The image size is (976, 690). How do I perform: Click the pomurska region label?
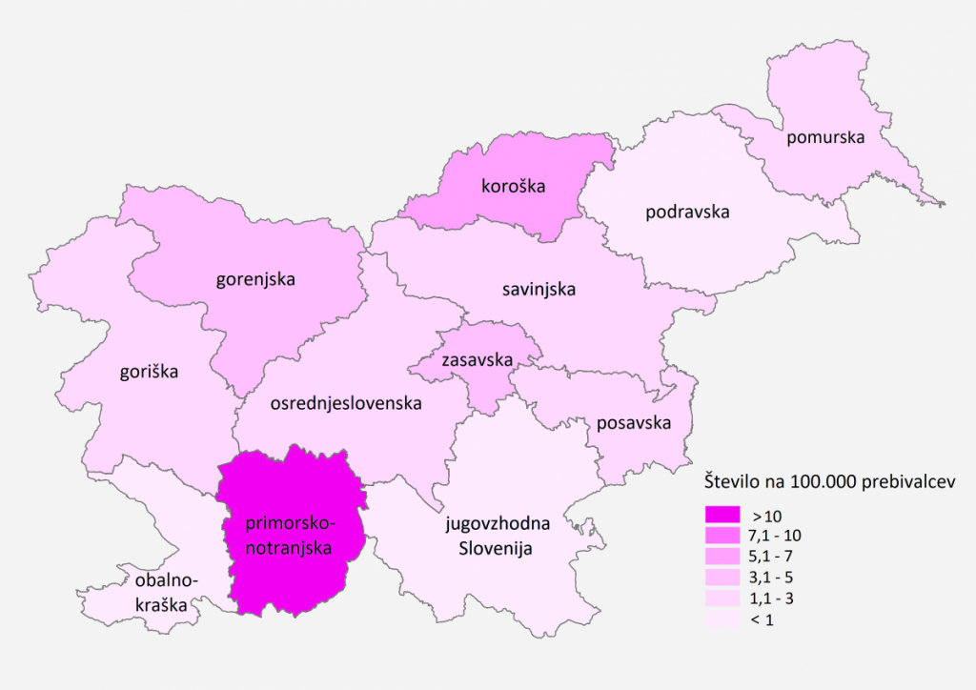point(825,137)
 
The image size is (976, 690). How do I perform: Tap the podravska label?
point(687,212)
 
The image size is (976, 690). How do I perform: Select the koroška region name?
point(514,186)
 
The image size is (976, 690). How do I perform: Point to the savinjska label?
point(539,288)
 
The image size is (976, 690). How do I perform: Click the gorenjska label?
point(255,279)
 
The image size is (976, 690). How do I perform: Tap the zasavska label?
point(477,360)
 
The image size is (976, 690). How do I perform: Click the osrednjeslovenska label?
point(346,404)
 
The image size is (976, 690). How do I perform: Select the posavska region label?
point(634,422)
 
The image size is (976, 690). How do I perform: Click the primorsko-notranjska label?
point(289,537)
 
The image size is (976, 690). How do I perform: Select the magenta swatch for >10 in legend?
point(722,516)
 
